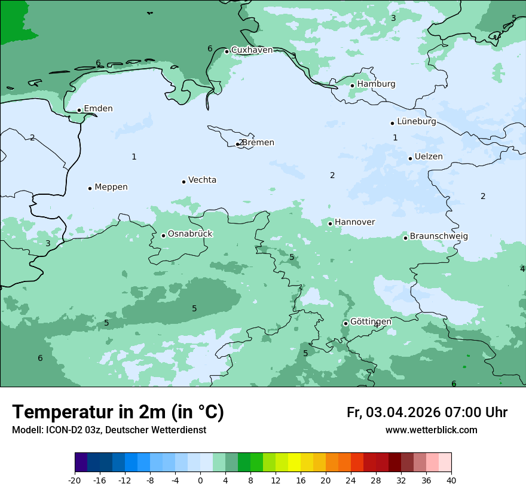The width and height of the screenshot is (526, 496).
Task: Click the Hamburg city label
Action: pyautogui.click(x=376, y=84)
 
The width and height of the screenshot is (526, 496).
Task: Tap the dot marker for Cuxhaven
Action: pyautogui.click(x=227, y=51)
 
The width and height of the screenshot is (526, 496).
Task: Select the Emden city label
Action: pyautogui.click(x=98, y=109)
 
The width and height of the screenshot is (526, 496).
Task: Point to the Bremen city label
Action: pyautogui.click(x=258, y=143)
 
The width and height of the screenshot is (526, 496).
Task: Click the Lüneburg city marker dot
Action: pyautogui.click(x=392, y=123)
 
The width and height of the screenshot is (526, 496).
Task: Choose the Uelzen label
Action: pyautogui.click(x=429, y=157)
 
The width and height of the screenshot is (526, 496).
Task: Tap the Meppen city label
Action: pyautogui.click(x=111, y=187)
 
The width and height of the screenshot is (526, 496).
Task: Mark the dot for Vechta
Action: pyautogui.click(x=184, y=182)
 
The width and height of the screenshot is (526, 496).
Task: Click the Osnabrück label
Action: pyautogui.click(x=190, y=234)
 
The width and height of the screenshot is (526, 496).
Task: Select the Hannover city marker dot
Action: pyautogui.click(x=330, y=223)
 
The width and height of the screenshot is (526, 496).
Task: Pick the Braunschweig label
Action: pyautogui.click(x=439, y=237)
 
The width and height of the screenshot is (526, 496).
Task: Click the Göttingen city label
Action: pyautogui.click(x=371, y=322)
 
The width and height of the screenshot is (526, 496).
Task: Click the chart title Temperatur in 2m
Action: pyautogui.click(x=118, y=412)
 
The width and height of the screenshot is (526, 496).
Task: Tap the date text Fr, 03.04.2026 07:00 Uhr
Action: pyautogui.click(x=427, y=412)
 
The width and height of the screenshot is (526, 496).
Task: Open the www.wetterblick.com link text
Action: pyautogui.click(x=431, y=430)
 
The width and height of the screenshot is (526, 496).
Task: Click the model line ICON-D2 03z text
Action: pyautogui.click(x=109, y=430)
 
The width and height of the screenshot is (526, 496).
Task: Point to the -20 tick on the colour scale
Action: pyautogui.click(x=75, y=480)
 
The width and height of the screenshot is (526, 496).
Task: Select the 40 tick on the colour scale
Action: pyautogui.click(x=451, y=480)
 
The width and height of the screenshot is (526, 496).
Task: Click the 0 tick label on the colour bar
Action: pyautogui.click(x=200, y=480)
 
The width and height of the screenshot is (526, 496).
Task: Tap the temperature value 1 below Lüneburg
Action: pyautogui.click(x=395, y=138)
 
